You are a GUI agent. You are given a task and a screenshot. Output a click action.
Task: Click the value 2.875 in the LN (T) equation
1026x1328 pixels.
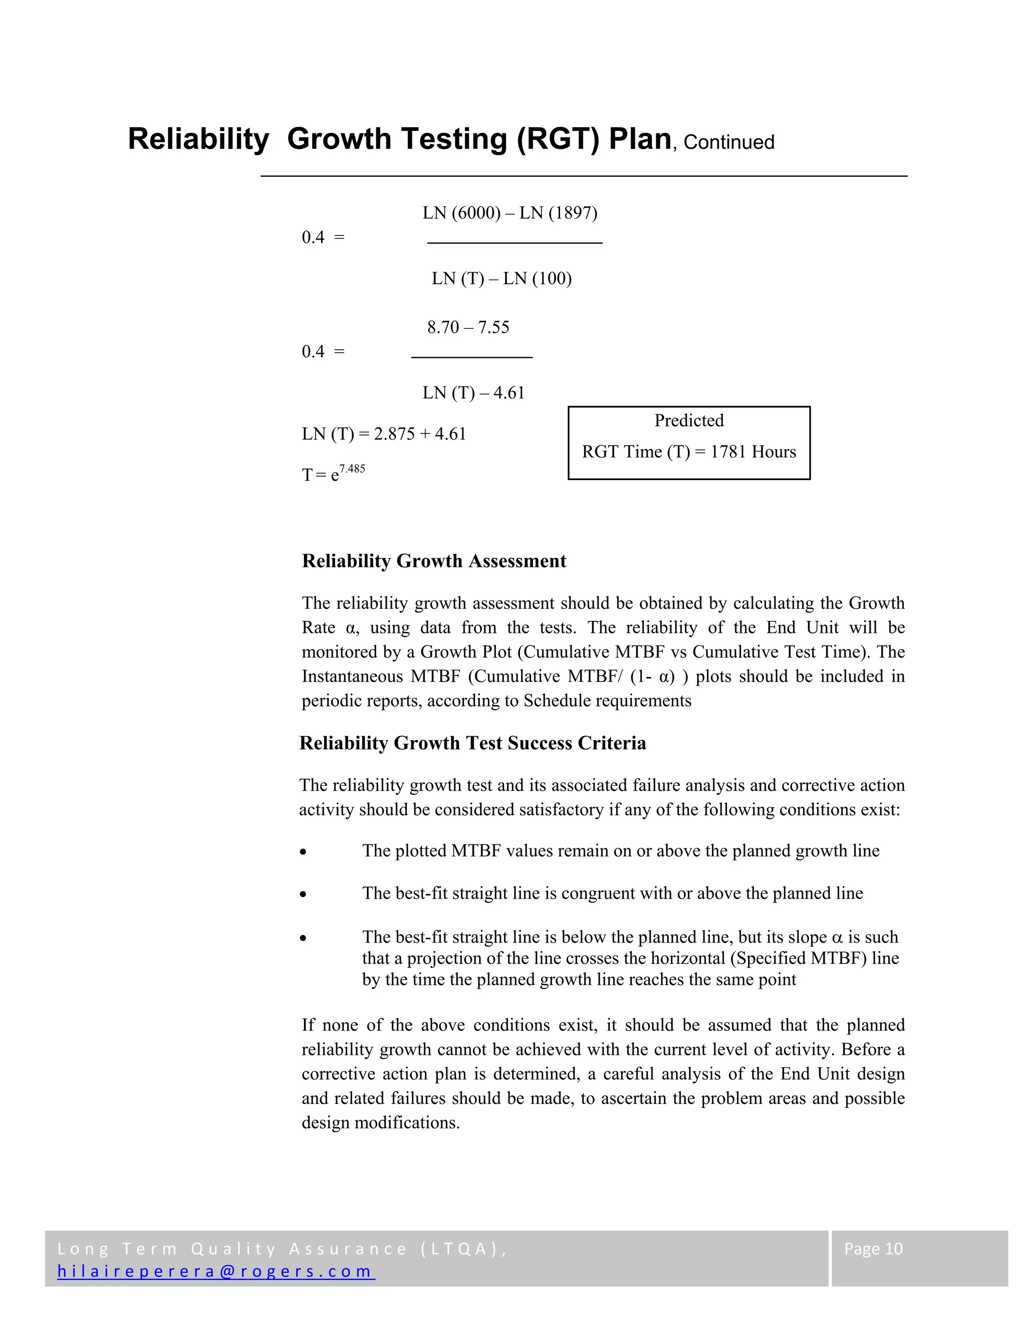click(394, 434)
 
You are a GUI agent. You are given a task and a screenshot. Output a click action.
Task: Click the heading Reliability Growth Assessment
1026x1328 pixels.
click(434, 561)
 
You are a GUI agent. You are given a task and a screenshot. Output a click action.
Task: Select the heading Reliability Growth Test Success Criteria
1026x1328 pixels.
click(472, 743)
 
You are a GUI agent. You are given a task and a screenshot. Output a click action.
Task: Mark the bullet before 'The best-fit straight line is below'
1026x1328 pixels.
click(303, 939)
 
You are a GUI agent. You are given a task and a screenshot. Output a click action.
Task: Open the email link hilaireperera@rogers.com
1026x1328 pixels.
click(216, 1271)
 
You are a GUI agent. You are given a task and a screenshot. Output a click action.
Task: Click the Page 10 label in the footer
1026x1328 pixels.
click(873, 1248)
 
